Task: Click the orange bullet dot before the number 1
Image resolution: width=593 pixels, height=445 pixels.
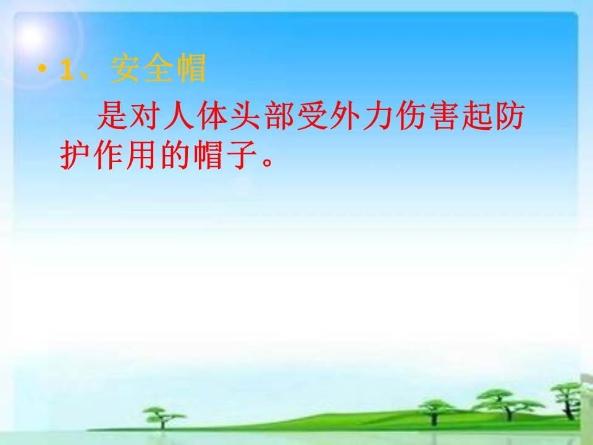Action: (x=43, y=69)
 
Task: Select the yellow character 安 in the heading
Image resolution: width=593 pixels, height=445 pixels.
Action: (x=125, y=69)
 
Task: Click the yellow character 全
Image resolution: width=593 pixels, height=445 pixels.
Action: (x=159, y=69)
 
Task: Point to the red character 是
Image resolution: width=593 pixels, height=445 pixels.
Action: (x=112, y=115)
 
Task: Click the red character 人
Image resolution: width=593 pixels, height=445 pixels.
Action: (x=179, y=115)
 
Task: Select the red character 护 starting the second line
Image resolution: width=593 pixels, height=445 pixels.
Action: (x=75, y=155)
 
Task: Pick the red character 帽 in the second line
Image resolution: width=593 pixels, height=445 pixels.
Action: (x=208, y=155)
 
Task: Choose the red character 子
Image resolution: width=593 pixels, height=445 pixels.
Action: (x=242, y=155)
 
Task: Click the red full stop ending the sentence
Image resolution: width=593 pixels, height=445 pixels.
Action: (x=267, y=163)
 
